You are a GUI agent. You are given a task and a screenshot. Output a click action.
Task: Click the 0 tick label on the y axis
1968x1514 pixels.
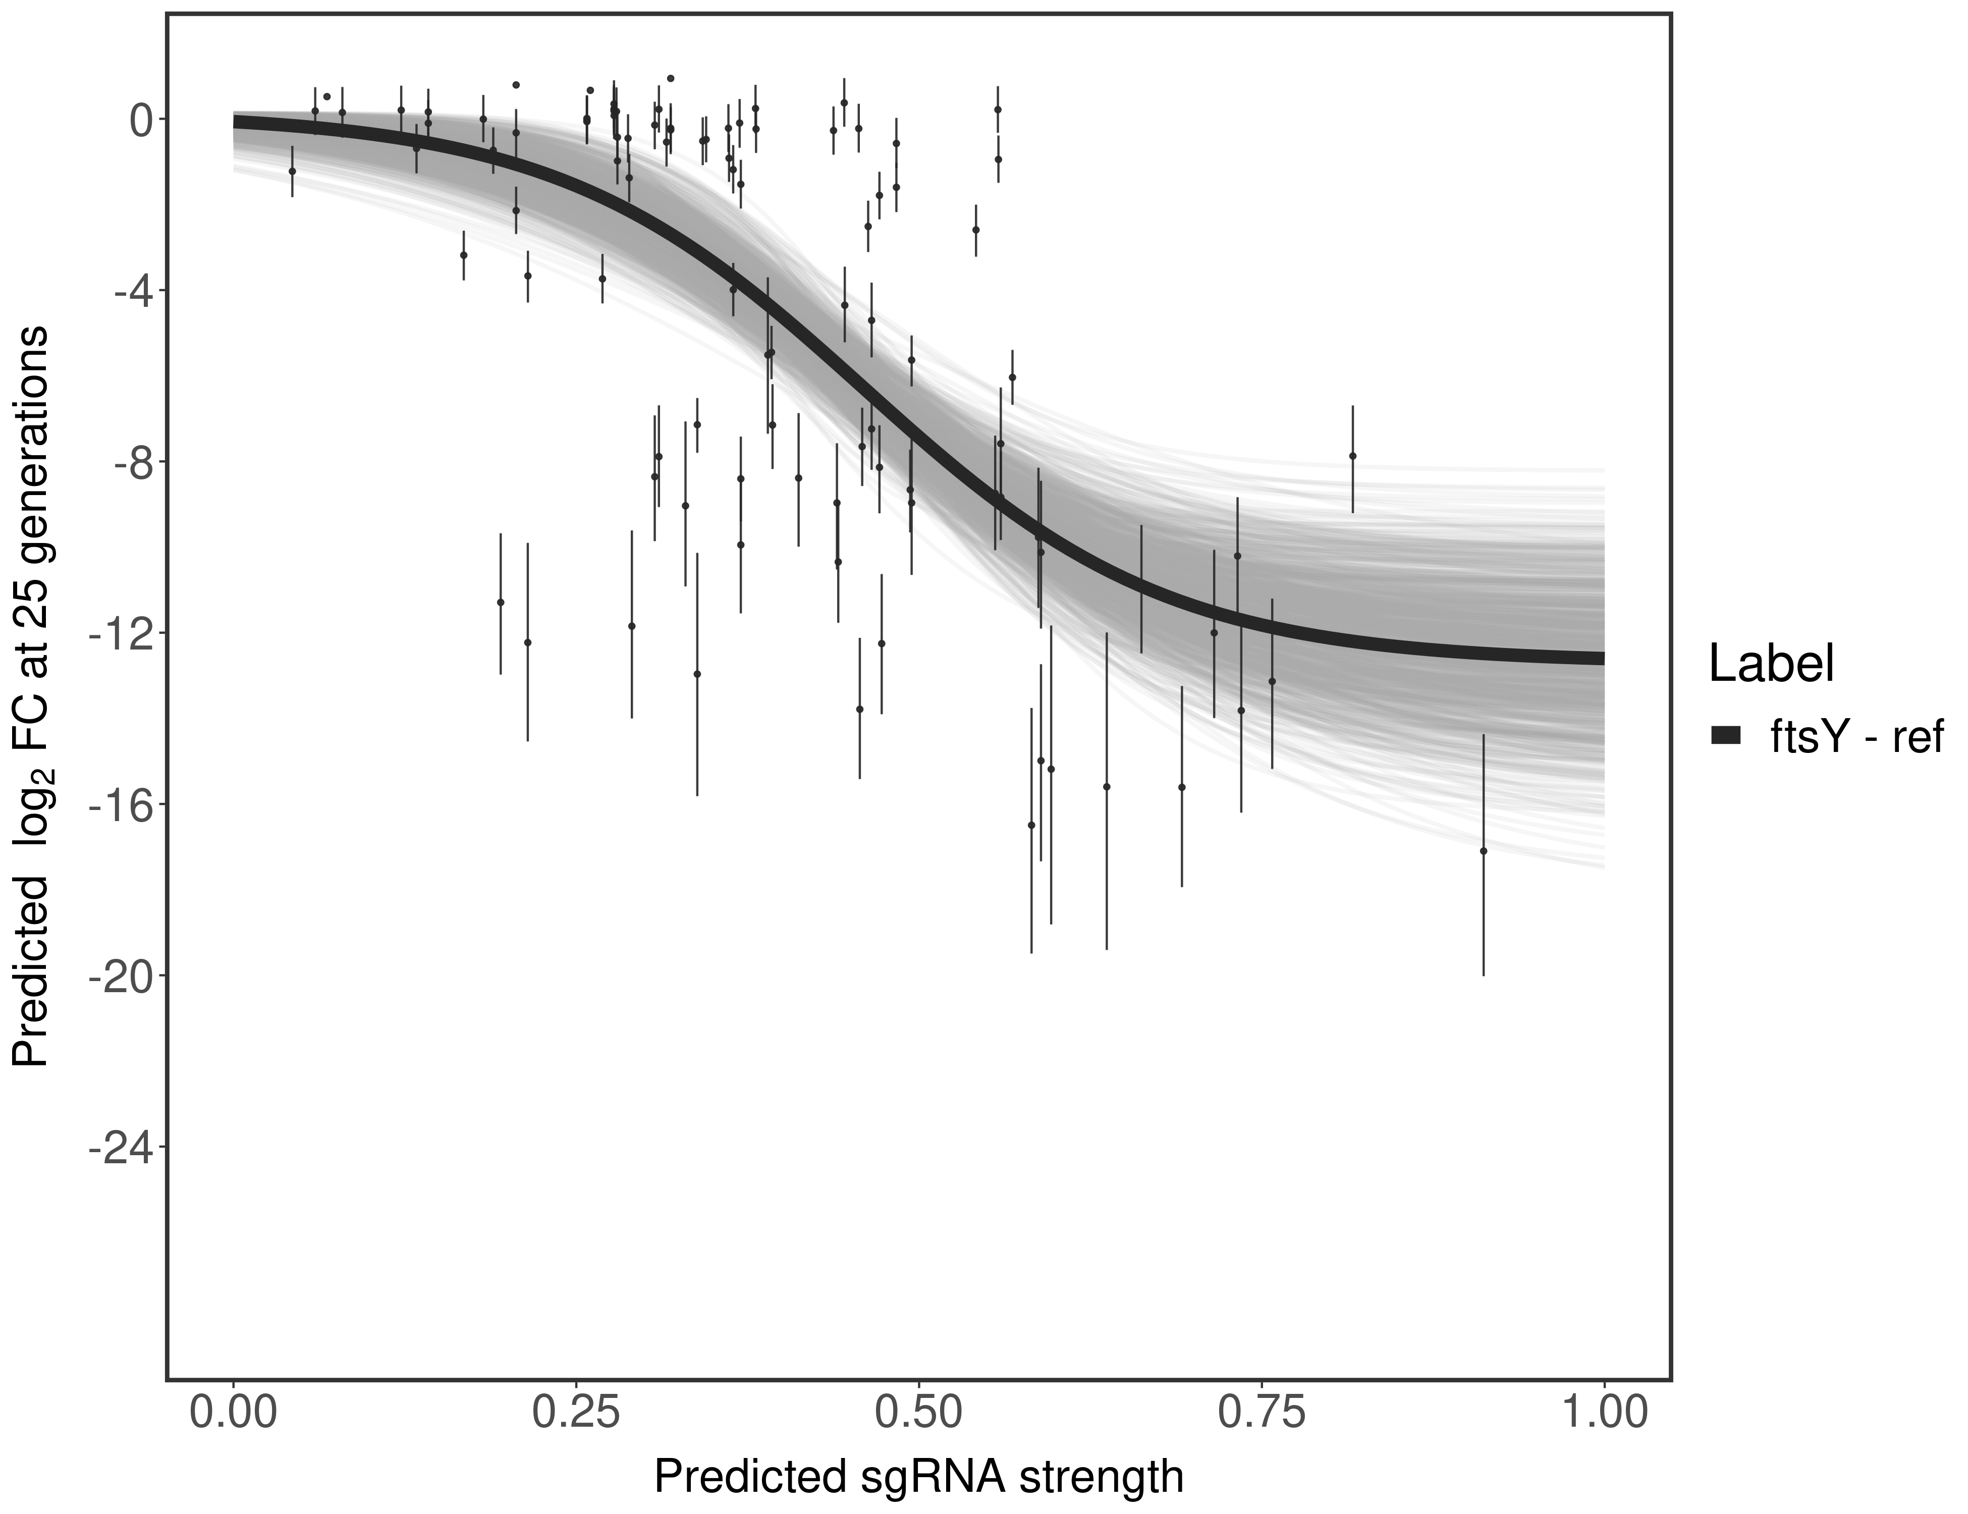(141, 120)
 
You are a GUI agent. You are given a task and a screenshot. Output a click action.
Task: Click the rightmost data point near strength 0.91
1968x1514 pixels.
(1483, 851)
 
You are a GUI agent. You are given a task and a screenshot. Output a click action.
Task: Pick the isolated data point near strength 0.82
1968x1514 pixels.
(1352, 456)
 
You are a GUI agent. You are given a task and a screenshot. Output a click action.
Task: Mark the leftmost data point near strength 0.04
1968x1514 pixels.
(292, 171)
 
